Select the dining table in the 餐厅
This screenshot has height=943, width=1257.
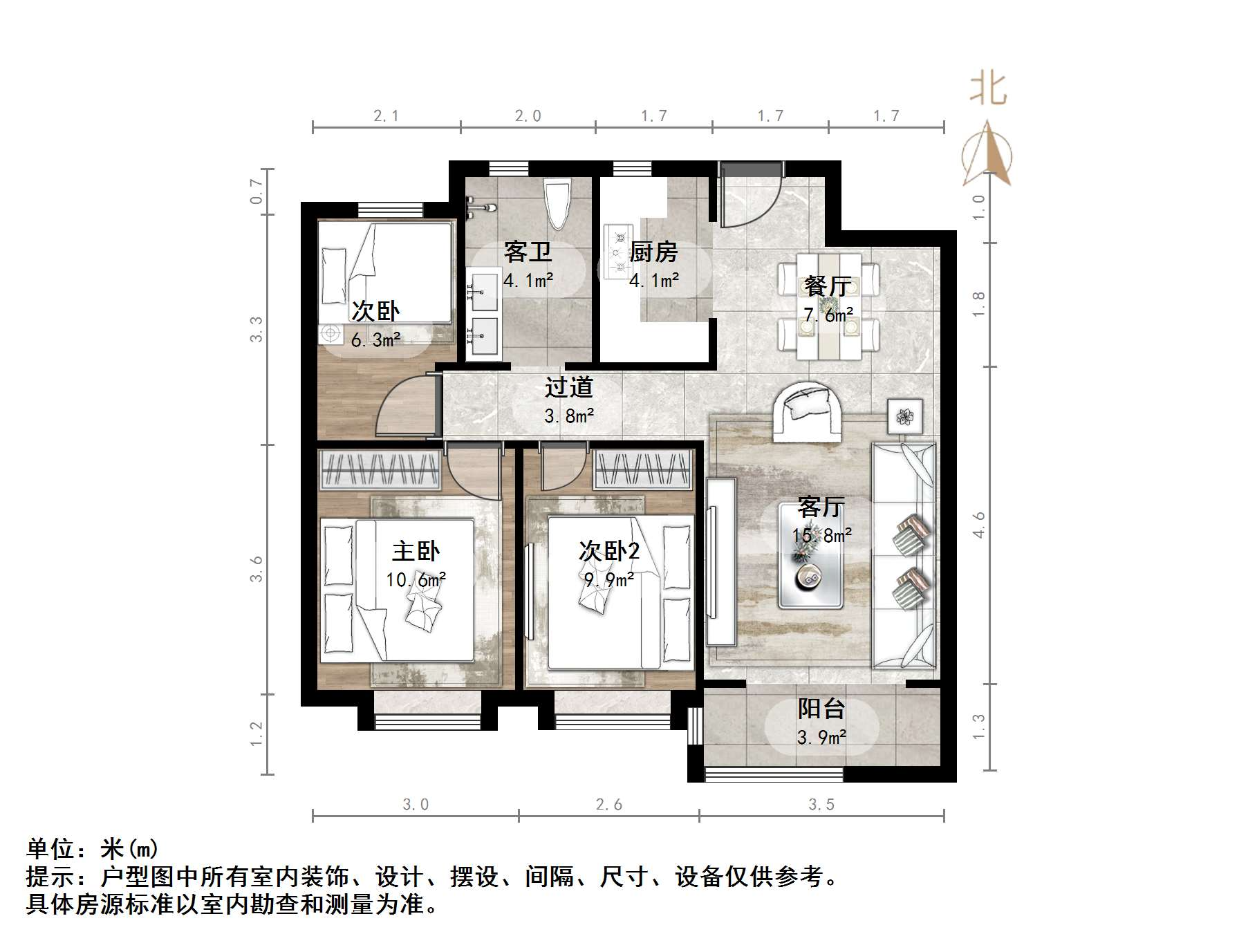point(828,306)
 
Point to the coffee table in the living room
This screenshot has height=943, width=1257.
point(810,556)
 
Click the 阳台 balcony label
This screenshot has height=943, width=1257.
point(821,709)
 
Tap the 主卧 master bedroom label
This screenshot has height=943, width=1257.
point(416,551)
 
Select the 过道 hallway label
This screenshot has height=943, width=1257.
point(569,387)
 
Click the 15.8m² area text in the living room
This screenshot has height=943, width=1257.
point(821,535)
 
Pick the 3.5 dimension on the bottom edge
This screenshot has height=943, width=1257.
point(821,805)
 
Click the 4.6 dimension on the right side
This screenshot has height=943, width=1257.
point(978,525)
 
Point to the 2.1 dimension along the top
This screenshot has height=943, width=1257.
point(386,116)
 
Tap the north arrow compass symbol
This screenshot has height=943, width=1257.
point(987,155)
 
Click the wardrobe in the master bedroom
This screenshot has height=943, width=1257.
point(380,470)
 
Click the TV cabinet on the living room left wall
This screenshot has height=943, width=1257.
point(720,561)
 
